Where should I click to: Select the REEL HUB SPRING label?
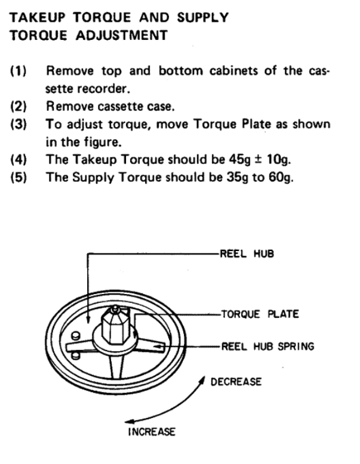tap(267, 345)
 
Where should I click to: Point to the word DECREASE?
tap(235, 381)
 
